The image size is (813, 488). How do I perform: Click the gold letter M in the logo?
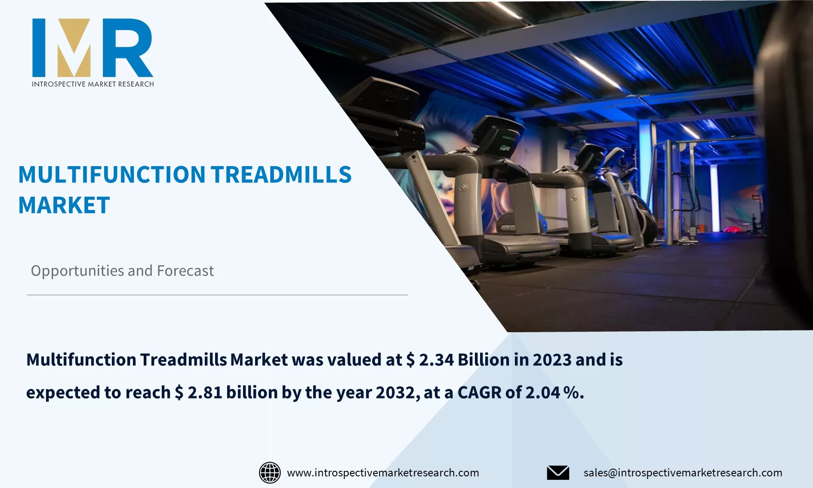pos(74,48)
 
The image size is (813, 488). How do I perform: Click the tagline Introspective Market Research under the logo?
pos(93,84)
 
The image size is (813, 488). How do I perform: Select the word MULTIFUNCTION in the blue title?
pos(112,175)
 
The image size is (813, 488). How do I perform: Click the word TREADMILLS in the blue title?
pos(281,175)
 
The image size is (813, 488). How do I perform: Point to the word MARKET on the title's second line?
pos(64,205)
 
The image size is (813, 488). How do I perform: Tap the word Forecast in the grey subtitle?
pos(185,271)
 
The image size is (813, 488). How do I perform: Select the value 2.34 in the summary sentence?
pos(436,360)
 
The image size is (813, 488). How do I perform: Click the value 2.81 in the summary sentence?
pos(205,392)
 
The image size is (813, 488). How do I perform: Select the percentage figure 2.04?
pos(543,392)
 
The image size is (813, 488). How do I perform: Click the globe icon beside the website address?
pos(270,473)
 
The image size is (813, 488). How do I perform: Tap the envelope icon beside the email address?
pos(558,473)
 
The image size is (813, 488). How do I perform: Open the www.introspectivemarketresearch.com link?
pos(383,473)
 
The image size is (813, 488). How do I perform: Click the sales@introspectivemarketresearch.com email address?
pos(683,473)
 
